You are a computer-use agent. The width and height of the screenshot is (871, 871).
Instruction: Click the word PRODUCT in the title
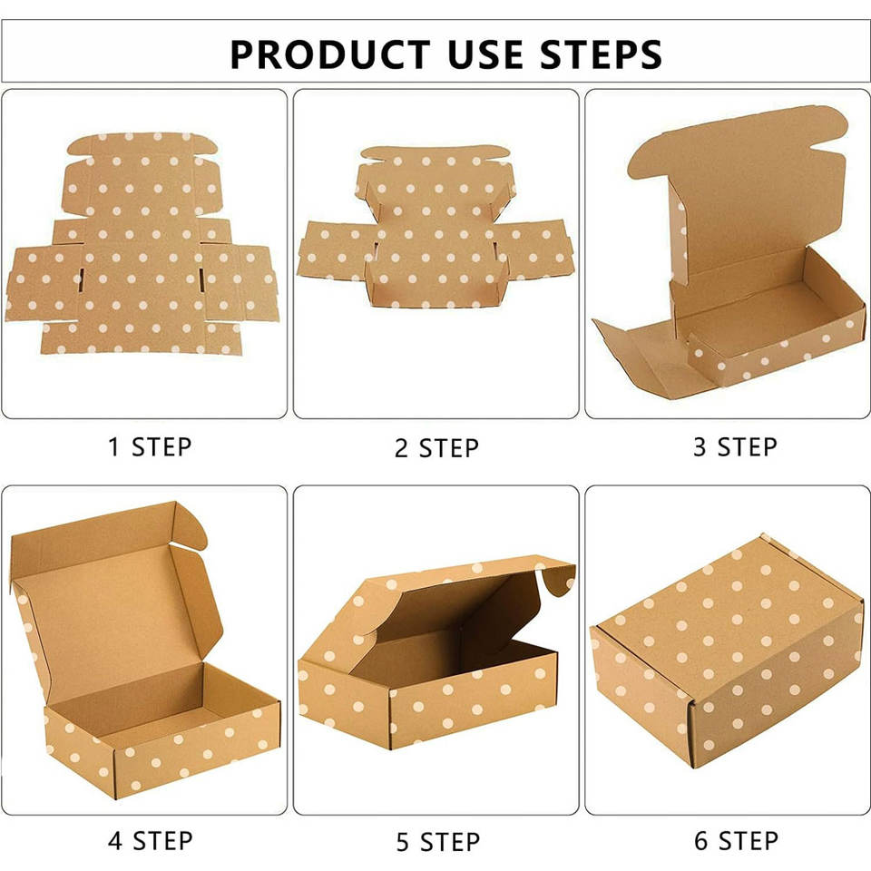330,54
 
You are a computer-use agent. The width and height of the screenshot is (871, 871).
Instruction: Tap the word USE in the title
484,54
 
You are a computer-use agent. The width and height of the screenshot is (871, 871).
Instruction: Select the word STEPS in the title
601,54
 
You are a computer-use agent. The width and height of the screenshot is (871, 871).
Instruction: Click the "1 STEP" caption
150,447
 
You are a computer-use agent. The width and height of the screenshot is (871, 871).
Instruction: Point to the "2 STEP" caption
436,448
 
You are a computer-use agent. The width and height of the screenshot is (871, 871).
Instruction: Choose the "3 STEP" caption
735,447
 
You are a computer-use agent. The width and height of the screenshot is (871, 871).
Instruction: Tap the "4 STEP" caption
150,840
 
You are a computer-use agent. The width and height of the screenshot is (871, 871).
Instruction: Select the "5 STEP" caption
437,842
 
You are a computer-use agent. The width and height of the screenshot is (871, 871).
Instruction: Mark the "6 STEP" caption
736,840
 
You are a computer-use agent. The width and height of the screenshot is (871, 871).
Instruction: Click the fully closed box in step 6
728,650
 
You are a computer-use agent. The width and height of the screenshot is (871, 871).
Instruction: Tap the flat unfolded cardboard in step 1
142,243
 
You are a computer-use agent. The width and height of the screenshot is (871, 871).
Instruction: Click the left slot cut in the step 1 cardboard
81,279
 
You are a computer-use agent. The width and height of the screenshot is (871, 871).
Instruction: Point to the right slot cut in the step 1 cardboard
201,279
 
